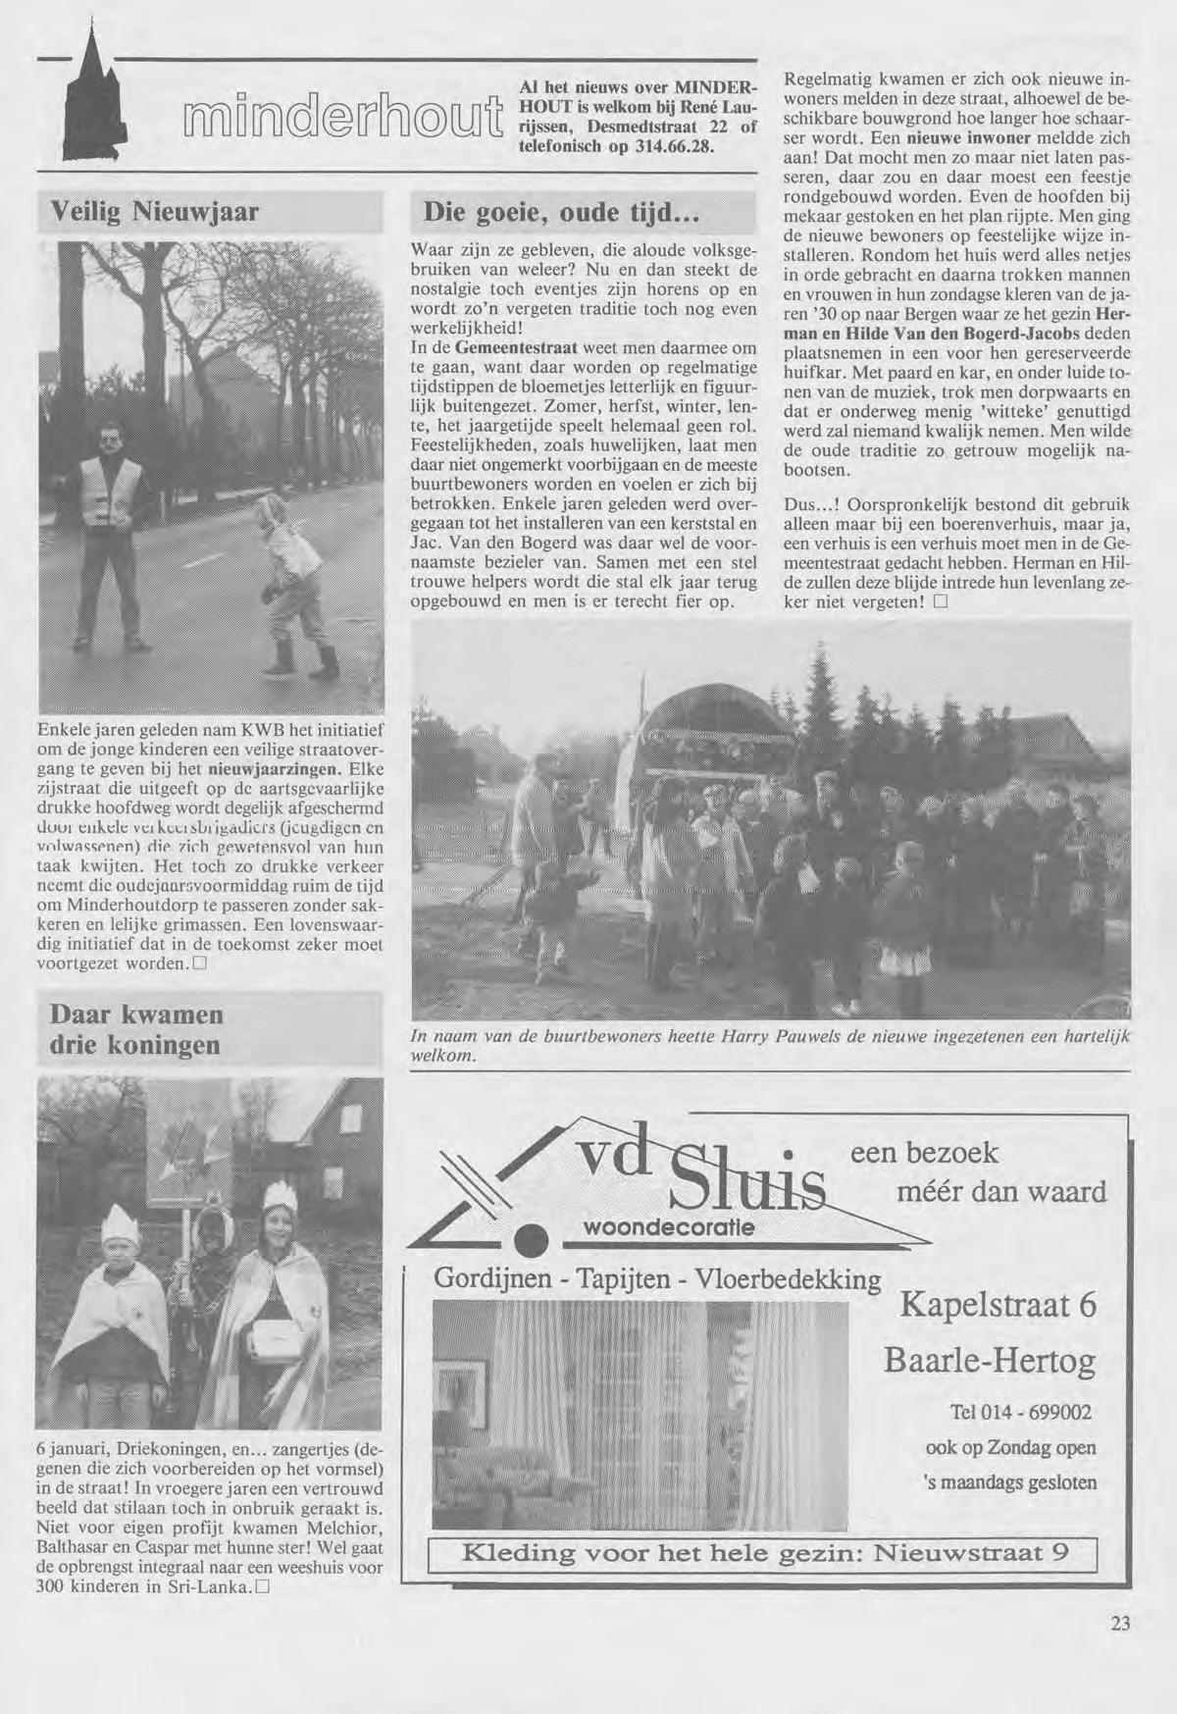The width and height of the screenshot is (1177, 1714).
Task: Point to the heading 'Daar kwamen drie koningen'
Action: pos(136,1029)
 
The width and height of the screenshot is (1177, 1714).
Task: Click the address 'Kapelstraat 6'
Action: pos(998,1306)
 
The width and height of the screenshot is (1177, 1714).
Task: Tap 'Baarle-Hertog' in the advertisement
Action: pos(990,1361)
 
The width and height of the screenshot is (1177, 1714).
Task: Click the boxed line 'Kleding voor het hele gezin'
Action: pos(760,1553)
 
